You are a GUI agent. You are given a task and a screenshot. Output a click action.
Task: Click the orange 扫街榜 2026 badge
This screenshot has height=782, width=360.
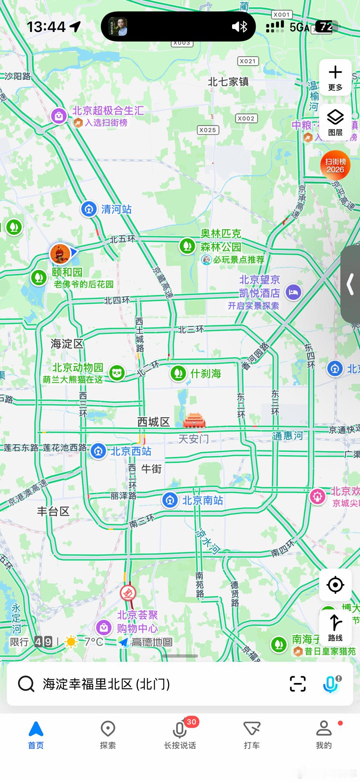pyautogui.click(x=335, y=165)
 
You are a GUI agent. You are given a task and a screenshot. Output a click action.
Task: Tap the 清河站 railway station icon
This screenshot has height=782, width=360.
pyautogui.click(x=89, y=209)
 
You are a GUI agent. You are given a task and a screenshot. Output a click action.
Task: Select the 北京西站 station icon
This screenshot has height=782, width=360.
pyautogui.click(x=98, y=451)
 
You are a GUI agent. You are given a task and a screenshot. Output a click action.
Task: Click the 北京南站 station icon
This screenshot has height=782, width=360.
pyautogui.click(x=170, y=500)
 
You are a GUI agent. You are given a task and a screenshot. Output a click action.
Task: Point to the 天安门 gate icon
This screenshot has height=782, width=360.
pyautogui.click(x=194, y=420)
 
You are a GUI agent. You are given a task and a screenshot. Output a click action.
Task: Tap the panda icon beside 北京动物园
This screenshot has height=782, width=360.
pyautogui.click(x=117, y=373)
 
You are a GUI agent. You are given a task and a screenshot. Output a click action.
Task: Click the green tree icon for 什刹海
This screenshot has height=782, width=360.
pyautogui.click(x=178, y=373)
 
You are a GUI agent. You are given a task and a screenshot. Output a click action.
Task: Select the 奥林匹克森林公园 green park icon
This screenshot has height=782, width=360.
pyautogui.click(x=187, y=246)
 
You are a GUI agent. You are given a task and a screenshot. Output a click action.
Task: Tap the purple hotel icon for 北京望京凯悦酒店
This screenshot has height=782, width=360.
pyautogui.click(x=293, y=293)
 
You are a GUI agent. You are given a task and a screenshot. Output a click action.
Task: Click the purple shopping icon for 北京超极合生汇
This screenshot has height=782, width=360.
pyautogui.click(x=59, y=116)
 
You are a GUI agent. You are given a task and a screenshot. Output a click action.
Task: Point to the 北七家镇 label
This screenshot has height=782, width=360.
pyautogui.click(x=228, y=82)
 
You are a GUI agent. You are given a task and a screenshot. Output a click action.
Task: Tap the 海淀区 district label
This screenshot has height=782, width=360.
pyautogui.click(x=67, y=344)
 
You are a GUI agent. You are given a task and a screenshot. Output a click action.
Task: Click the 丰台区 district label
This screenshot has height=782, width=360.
pyautogui.click(x=53, y=511)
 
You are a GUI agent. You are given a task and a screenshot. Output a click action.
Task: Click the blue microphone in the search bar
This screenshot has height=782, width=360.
pyautogui.click(x=330, y=684)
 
